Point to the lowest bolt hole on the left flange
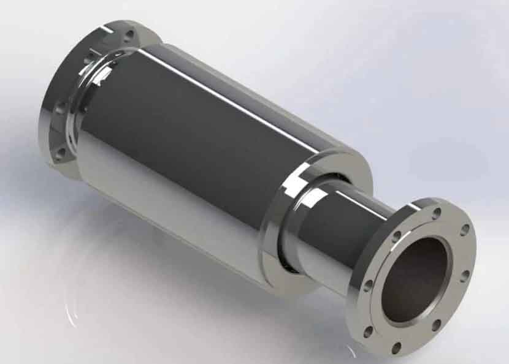59,153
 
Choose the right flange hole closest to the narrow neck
397,235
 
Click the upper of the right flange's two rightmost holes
465,230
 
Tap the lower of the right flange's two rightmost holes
464,276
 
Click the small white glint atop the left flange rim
108,28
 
